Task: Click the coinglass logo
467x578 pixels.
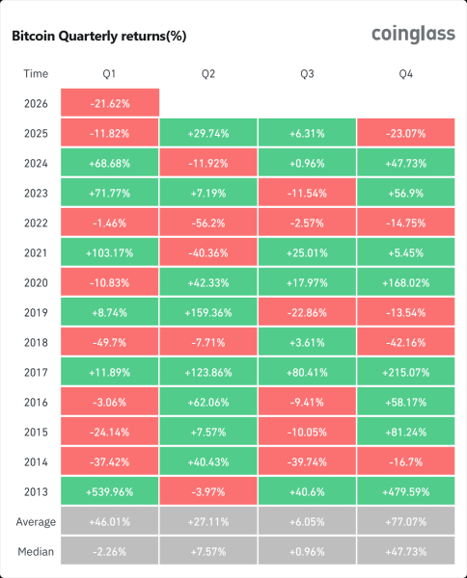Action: (412, 35)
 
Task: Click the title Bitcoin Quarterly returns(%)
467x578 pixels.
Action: (98, 37)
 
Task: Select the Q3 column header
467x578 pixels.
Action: (307, 72)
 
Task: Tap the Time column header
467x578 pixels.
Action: (35, 72)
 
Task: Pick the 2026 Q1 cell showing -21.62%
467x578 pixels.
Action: (109, 102)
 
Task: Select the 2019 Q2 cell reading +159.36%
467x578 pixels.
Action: (207, 310)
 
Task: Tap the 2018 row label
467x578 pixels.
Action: (35, 340)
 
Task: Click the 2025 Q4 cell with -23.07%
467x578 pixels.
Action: (405, 132)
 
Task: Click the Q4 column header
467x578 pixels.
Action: (405, 72)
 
